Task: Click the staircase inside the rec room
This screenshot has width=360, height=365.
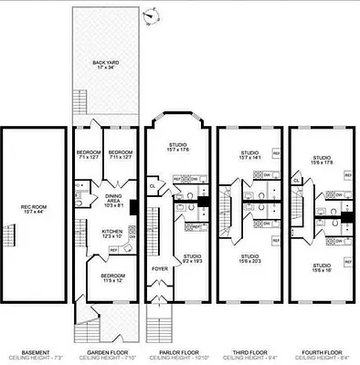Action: click(10, 239)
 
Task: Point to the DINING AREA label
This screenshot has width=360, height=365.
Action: click(113, 199)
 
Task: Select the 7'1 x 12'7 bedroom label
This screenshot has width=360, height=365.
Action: click(88, 155)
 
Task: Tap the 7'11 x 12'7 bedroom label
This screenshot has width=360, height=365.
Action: click(120, 155)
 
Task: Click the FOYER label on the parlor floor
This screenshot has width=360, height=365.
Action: click(160, 269)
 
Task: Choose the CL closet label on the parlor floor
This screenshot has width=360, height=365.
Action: click(152, 186)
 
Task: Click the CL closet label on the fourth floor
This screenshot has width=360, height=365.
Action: click(297, 181)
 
